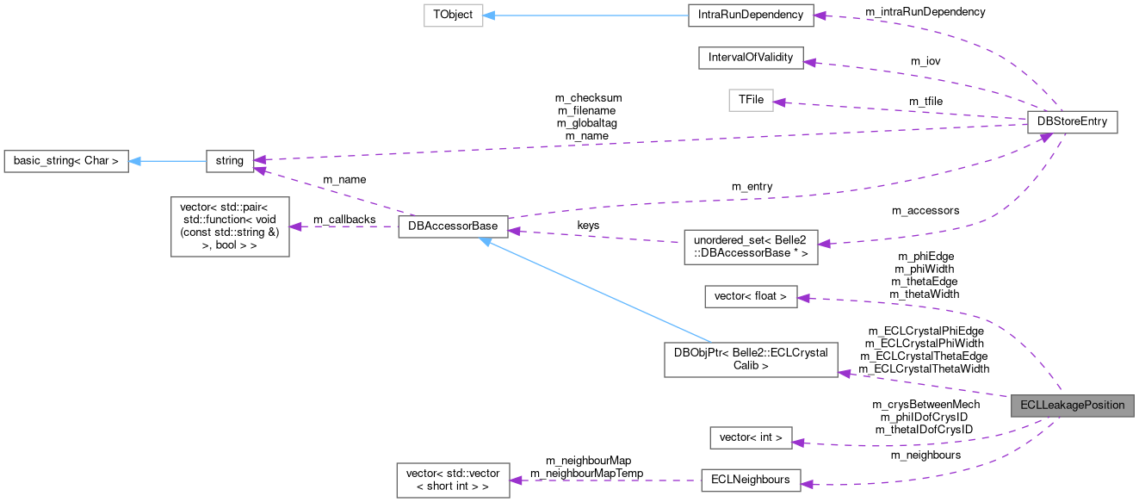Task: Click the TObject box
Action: point(453,15)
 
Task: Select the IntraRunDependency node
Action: point(751,15)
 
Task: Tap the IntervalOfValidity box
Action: point(751,59)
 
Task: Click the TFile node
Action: point(746,101)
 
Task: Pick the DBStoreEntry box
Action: point(1072,123)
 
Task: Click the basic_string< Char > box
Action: point(65,160)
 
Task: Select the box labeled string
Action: point(230,160)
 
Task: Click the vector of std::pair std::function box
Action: point(230,226)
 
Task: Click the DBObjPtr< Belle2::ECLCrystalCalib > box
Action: point(751,359)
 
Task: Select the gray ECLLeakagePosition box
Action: point(1072,405)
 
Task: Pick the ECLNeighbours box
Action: point(750,480)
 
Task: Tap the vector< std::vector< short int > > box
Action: point(453,480)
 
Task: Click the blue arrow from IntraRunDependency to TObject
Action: point(585,15)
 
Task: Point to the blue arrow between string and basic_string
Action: point(168,160)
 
